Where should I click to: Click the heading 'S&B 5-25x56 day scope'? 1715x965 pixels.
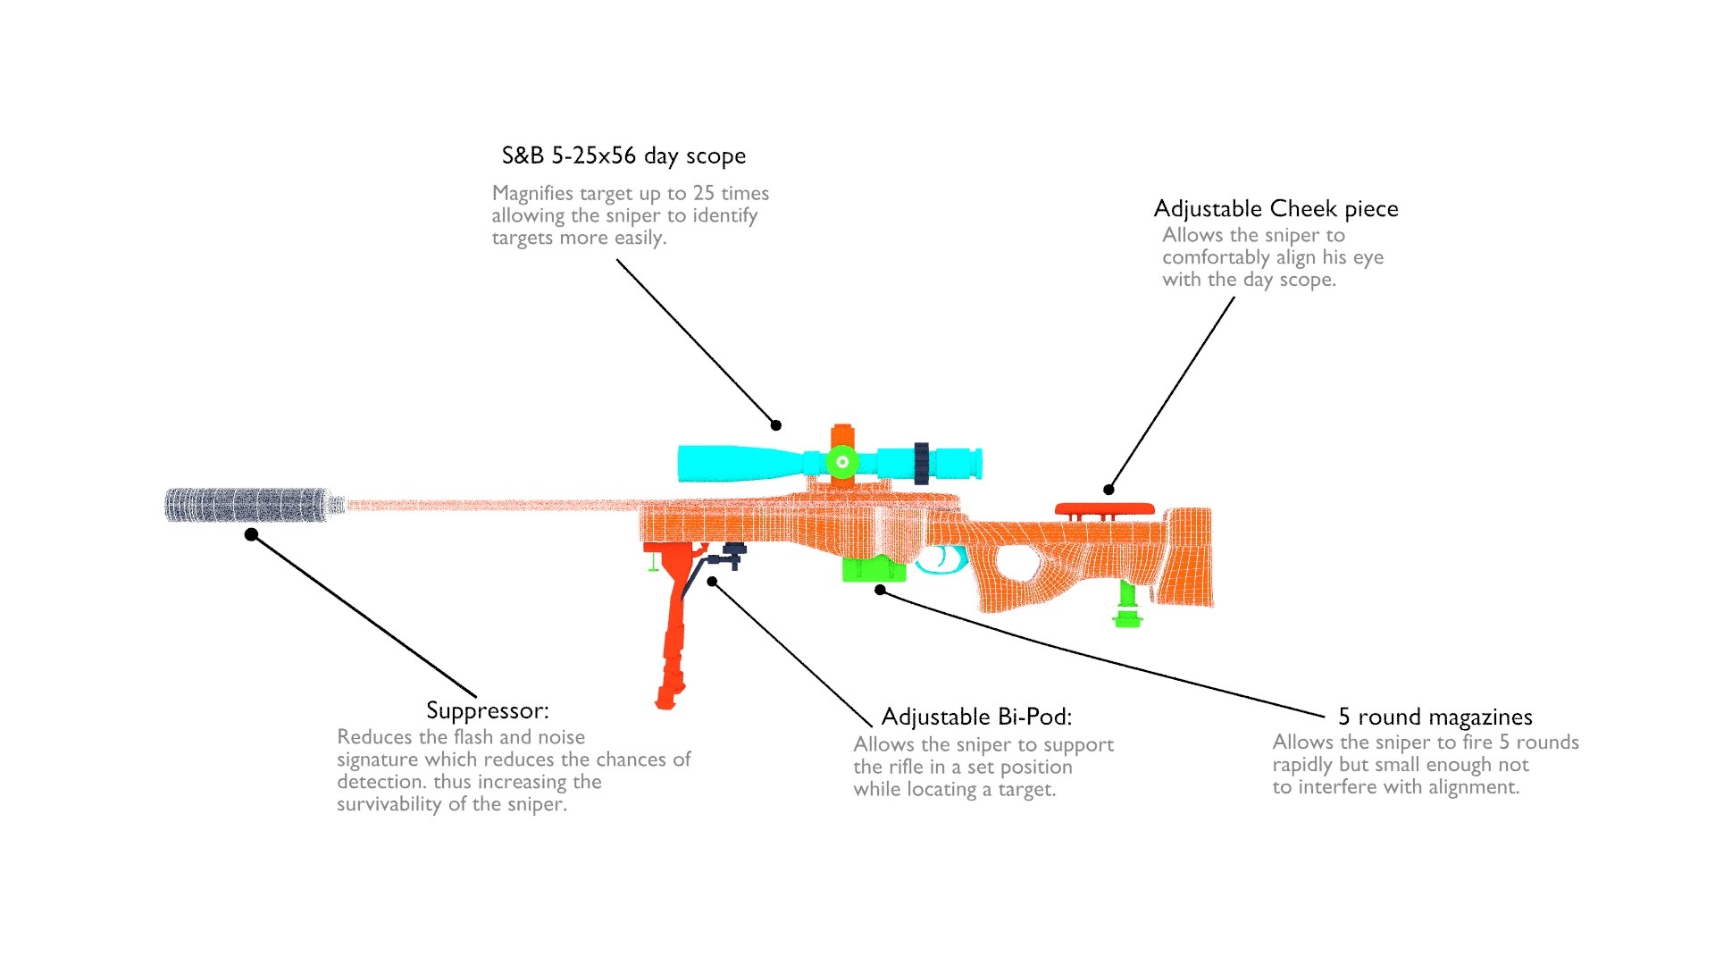point(623,155)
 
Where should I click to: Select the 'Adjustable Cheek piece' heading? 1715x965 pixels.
point(1276,209)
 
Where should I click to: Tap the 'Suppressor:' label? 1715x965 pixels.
point(487,710)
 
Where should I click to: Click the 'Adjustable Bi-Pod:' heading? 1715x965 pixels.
point(976,717)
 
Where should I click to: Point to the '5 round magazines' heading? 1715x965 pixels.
point(1435,717)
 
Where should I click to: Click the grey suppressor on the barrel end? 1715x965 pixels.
point(246,505)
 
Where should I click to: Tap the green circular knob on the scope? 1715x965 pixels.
point(841,462)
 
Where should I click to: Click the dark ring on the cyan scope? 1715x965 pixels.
point(921,463)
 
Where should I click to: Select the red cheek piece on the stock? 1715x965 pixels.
point(1104,509)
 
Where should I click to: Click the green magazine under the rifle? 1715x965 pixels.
point(872,569)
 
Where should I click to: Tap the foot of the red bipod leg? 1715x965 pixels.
point(665,698)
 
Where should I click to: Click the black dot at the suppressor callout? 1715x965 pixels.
point(252,534)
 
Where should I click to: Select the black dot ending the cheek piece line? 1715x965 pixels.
point(1108,489)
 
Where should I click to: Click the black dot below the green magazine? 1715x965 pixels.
point(880,590)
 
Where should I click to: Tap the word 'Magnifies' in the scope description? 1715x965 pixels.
point(532,194)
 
